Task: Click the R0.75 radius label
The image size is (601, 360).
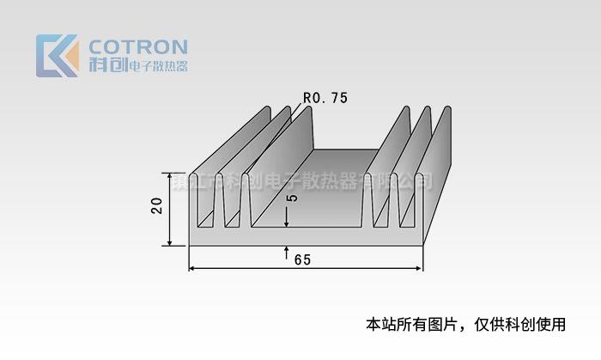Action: (x=325, y=98)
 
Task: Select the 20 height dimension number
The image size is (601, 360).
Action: (x=156, y=207)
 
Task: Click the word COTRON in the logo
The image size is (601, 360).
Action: (x=138, y=46)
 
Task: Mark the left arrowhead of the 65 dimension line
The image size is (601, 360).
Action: (x=192, y=270)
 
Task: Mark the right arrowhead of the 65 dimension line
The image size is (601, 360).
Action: (x=420, y=270)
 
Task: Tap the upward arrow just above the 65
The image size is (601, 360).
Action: (x=285, y=251)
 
